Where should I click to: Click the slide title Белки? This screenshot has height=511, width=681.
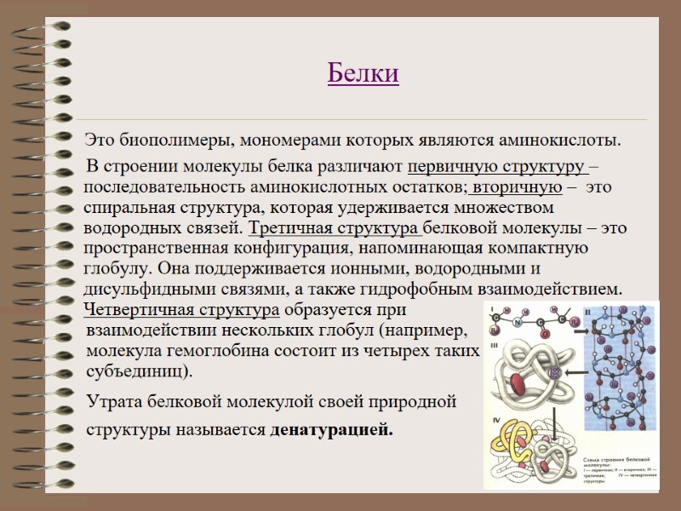(363, 74)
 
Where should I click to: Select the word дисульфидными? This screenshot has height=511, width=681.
(138, 289)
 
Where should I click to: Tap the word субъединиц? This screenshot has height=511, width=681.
(137, 371)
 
